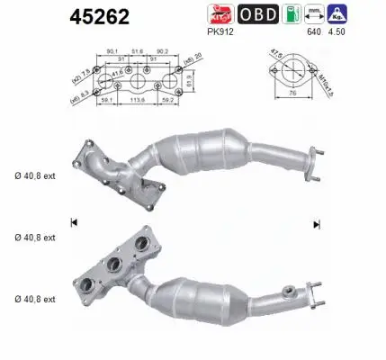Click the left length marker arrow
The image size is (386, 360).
pyautogui.click(x=73, y=222)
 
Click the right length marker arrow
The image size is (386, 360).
pyautogui.click(x=317, y=224)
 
